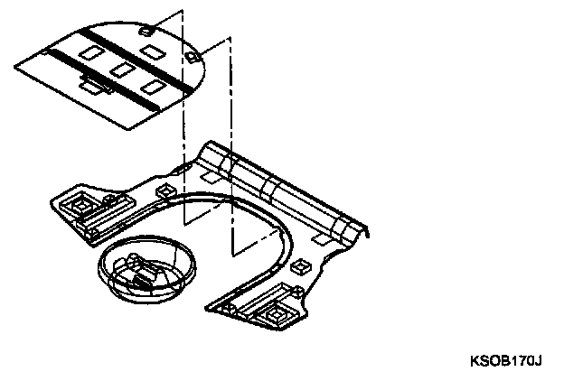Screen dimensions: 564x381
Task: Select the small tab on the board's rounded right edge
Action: (191, 57)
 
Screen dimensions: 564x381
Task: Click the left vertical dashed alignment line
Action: (183, 117)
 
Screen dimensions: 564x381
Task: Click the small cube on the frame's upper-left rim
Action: (165, 190)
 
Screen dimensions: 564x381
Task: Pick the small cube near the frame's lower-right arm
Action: (299, 267)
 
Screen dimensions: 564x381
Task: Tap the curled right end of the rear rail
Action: (362, 233)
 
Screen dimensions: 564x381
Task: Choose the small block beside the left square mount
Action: (109, 200)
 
